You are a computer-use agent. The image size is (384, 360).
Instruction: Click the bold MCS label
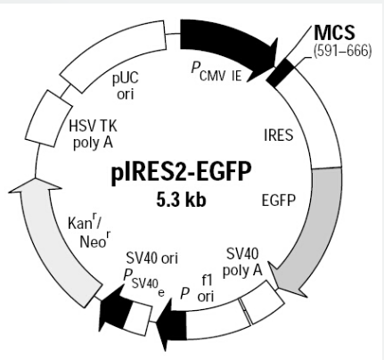pos(334,32)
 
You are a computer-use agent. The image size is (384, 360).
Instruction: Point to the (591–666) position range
pos(342,51)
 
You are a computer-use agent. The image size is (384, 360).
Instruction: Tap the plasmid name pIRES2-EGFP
pos(182,172)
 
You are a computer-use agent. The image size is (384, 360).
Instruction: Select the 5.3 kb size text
pos(181,200)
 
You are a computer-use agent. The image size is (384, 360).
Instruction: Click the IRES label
pos(278,135)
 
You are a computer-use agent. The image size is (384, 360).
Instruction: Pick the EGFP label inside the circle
pos(279,200)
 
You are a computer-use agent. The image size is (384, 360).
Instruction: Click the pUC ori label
pos(126,86)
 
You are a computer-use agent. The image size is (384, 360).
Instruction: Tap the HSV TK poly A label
pos(93,135)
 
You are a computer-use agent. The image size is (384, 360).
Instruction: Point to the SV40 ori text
pos(151,258)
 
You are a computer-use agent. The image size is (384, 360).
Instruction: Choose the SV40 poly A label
pos(242,262)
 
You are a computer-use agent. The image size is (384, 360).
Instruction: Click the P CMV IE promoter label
pos(217,72)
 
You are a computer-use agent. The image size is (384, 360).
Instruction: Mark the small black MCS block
pos(280,73)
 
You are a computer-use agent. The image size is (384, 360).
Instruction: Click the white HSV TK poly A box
pos(49,119)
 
